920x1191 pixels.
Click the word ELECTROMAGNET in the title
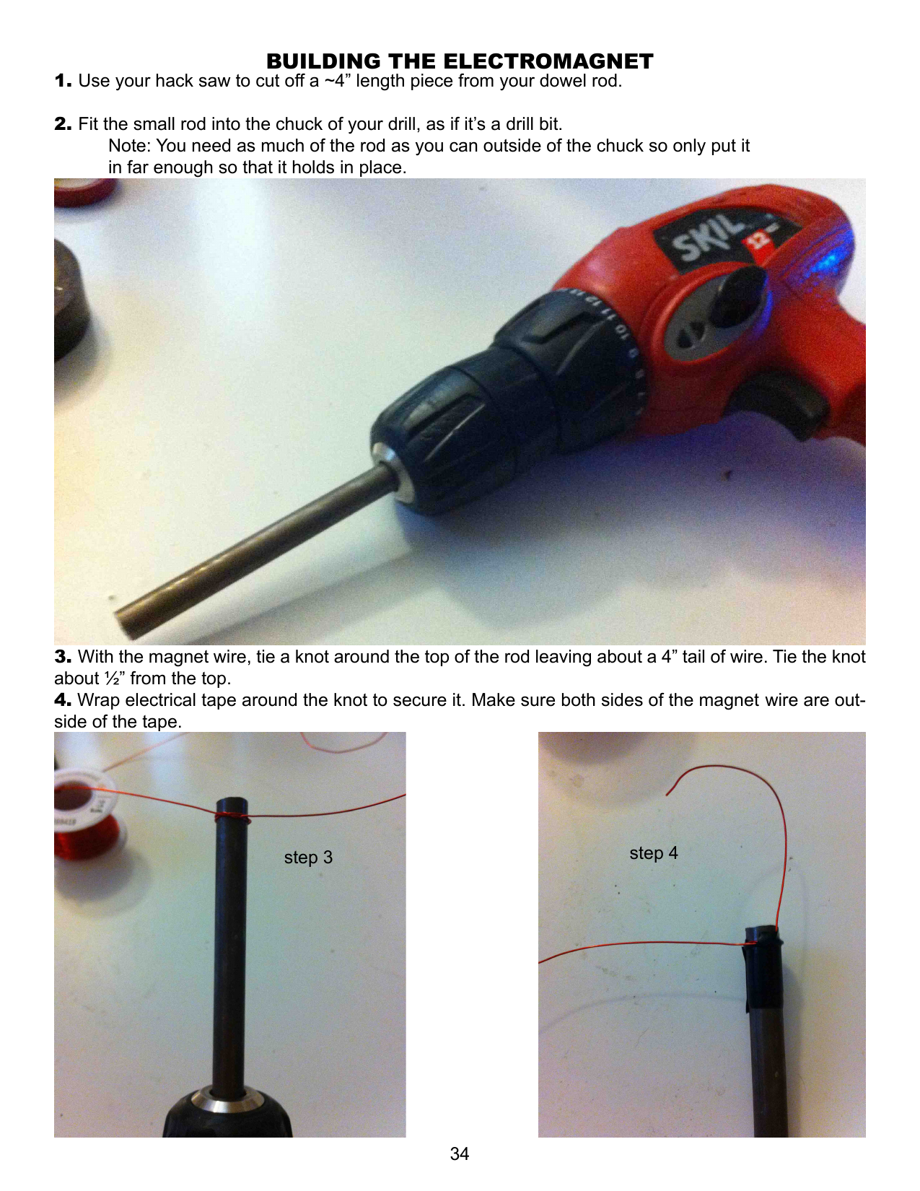coord(548,61)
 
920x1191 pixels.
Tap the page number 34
coord(459,1153)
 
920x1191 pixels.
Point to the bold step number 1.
coord(63,81)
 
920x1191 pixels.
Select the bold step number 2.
coord(63,124)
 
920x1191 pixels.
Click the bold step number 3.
coord(63,656)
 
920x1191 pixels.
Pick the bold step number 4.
coord(63,699)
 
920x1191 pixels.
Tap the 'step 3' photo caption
coord(308,858)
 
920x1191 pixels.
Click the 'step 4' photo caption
coord(653,853)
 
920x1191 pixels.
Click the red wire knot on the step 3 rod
coord(231,817)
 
